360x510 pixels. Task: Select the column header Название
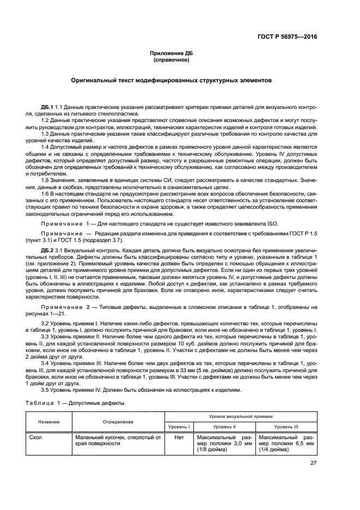point(49,422)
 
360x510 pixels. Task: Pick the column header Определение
point(118,422)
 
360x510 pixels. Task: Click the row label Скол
point(37,437)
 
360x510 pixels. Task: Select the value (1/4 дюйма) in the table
point(276,450)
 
